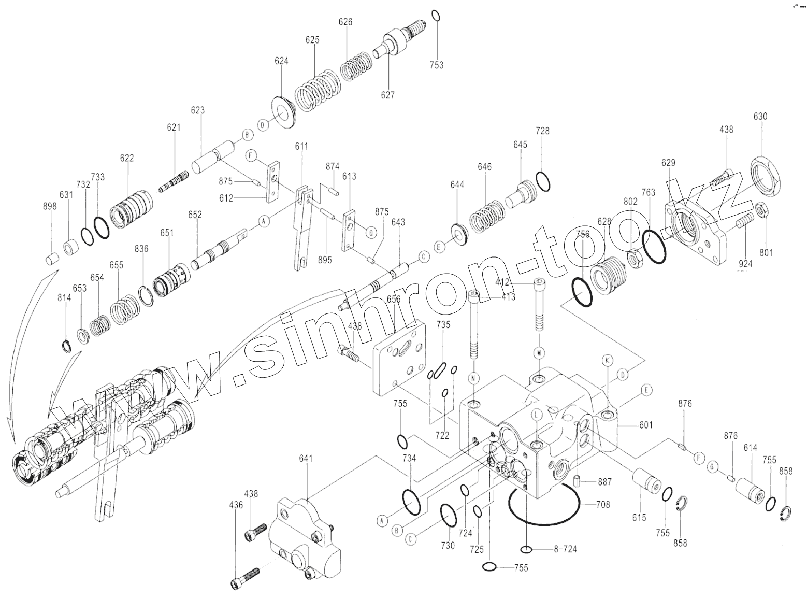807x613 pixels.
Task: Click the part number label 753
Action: click(437, 65)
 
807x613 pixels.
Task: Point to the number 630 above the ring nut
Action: click(760, 117)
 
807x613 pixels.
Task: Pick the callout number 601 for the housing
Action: click(645, 425)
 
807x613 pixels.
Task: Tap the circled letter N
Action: click(473, 378)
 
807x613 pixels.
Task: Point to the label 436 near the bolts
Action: click(236, 505)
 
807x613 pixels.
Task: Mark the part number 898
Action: click(50, 206)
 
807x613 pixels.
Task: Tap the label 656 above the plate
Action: click(394, 300)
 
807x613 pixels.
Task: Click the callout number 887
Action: click(604, 482)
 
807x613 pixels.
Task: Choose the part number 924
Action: click(746, 263)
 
